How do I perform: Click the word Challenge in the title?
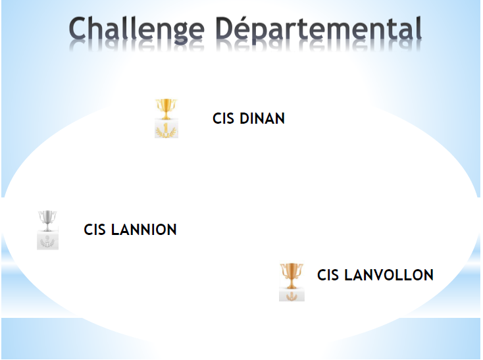(136, 30)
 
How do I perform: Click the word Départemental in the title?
(318, 28)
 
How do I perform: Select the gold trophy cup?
(166, 109)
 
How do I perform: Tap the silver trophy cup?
(47, 220)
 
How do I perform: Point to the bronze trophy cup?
(292, 276)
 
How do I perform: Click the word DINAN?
(262, 118)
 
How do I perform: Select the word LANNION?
(144, 230)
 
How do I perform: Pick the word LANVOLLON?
(389, 275)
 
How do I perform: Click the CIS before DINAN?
(223, 118)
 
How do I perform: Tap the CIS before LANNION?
(95, 230)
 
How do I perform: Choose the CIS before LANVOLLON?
(328, 275)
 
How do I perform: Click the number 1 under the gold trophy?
(166, 127)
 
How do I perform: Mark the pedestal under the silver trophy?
(47, 240)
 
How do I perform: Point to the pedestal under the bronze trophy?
(292, 295)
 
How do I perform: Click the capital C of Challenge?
(77, 28)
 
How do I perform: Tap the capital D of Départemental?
(224, 28)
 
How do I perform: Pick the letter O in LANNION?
(159, 230)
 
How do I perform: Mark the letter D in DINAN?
(245, 118)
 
